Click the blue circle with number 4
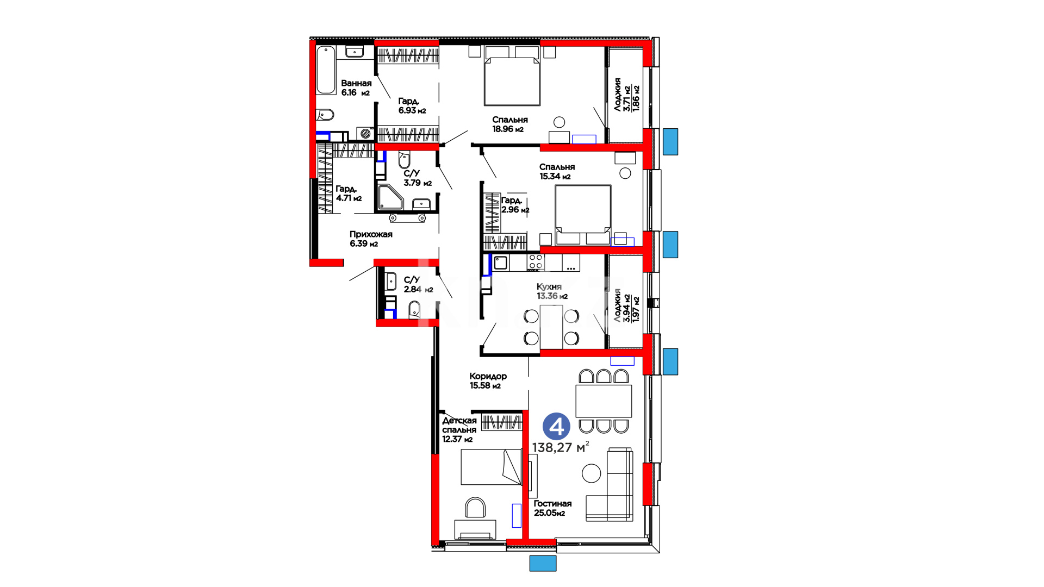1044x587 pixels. tap(556, 427)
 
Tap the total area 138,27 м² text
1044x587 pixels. tap(561, 447)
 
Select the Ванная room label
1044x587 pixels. tap(356, 83)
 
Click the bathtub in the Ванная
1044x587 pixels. tap(326, 70)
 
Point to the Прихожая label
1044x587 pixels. tap(371, 234)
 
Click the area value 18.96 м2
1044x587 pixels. tap(508, 129)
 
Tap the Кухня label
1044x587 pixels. tap(549, 286)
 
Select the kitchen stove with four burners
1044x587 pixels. tap(536, 263)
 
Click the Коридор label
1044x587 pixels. tap(488, 376)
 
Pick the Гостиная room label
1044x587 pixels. tap(552, 503)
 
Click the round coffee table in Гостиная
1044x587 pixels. tap(592, 473)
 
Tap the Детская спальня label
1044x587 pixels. tap(459, 425)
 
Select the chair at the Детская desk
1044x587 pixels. tap(475, 508)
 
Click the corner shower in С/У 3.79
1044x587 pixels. tap(389, 197)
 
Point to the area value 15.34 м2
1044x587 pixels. tap(555, 177)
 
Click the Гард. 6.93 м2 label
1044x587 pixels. tap(412, 106)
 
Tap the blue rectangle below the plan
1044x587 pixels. tap(543, 563)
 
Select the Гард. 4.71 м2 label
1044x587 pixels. tap(349, 193)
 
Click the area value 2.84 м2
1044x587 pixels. tap(418, 290)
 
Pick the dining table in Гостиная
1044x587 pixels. tap(604, 401)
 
